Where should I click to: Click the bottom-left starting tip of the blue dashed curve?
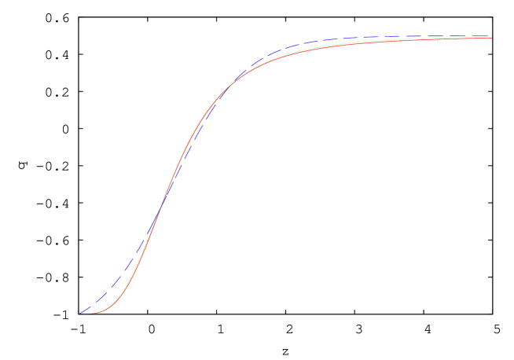click(80, 313)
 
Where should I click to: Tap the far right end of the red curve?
click(491, 38)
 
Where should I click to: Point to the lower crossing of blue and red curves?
click(160, 213)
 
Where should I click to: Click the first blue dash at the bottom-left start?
click(85, 310)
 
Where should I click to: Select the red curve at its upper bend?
click(259, 66)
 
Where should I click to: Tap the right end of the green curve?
click(491, 36)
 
